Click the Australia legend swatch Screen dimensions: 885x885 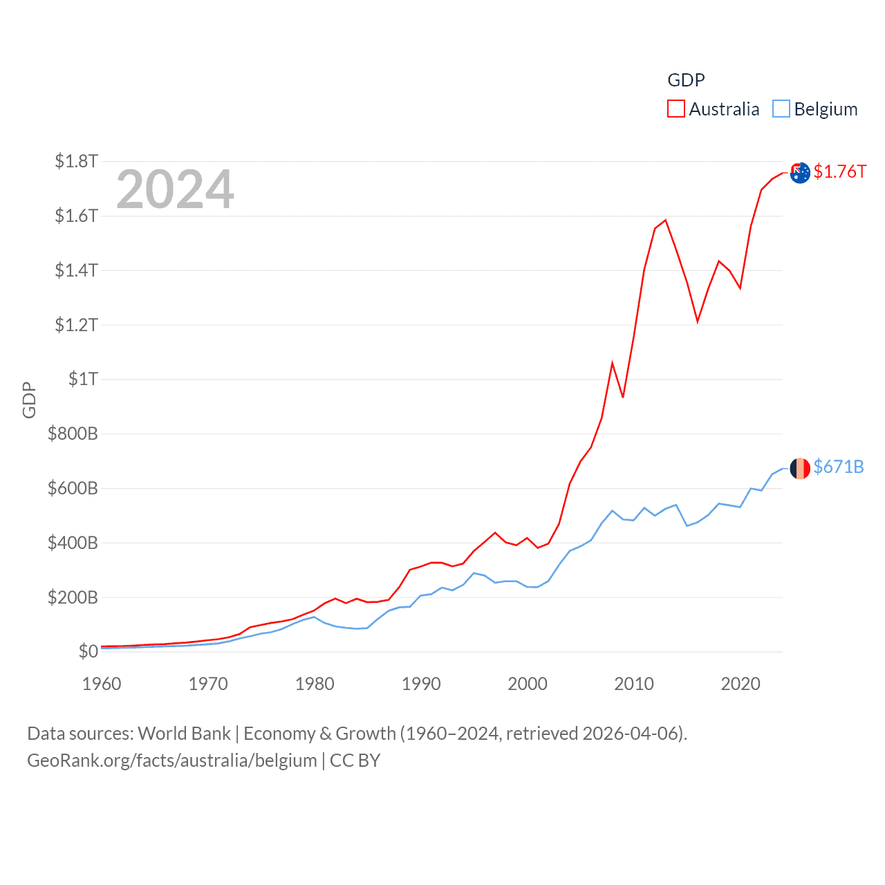[x=676, y=109]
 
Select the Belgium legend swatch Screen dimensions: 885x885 [x=781, y=109]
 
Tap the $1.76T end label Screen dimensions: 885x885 [x=839, y=171]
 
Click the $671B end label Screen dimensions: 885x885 [x=838, y=467]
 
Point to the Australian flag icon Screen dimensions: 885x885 [x=800, y=173]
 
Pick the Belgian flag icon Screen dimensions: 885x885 [x=800, y=468]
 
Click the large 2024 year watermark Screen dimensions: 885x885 [x=175, y=189]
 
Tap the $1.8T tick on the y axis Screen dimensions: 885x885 [x=76, y=161]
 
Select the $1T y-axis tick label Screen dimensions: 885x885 [x=83, y=379]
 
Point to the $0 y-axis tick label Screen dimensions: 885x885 [x=88, y=651]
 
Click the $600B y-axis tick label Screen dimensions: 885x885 [x=73, y=488]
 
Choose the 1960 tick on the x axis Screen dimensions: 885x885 [x=102, y=684]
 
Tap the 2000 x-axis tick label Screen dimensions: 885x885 [x=528, y=684]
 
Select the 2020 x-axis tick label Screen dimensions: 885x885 [x=740, y=684]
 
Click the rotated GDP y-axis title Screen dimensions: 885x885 [x=29, y=400]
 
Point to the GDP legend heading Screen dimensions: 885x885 [x=686, y=80]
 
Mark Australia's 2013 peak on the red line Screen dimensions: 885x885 [x=665, y=221]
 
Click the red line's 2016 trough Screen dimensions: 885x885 [x=698, y=322]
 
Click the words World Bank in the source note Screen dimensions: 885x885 [x=184, y=733]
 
